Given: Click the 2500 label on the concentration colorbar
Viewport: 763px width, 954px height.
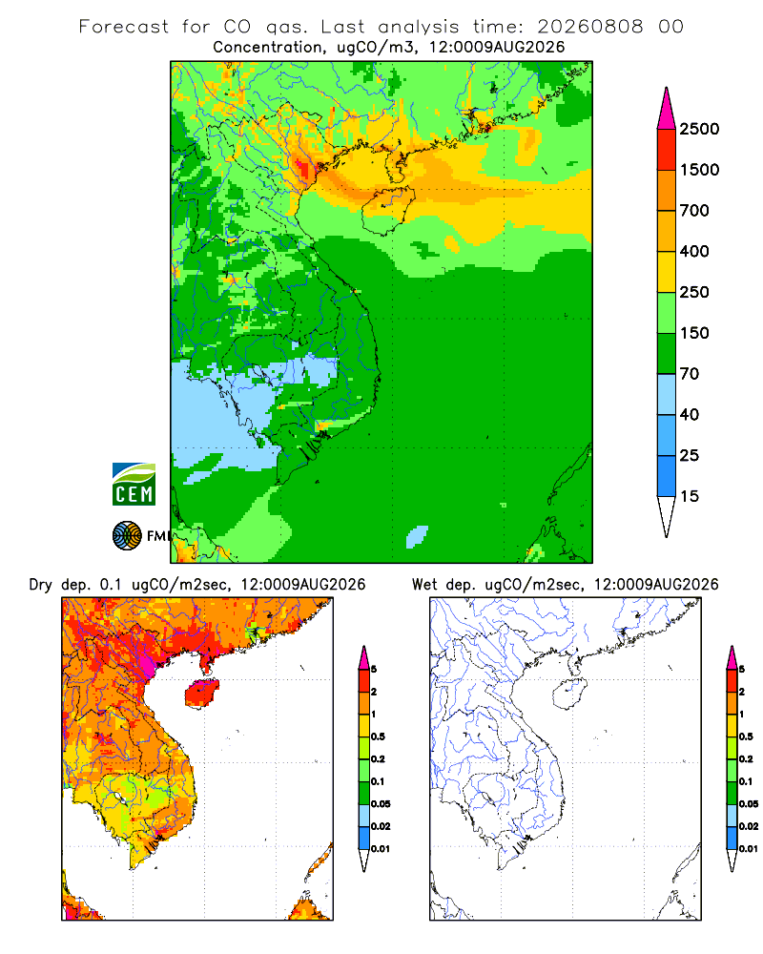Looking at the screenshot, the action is click(x=699, y=129).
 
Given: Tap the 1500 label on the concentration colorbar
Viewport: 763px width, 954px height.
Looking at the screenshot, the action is click(x=699, y=170).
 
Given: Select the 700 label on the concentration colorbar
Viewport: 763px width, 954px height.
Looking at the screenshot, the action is click(x=694, y=211).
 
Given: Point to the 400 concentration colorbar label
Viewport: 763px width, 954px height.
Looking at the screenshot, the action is click(x=694, y=251).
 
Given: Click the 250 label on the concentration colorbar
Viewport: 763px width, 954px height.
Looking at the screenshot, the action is click(x=694, y=292).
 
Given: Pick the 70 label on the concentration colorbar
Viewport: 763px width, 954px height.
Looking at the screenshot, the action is click(x=690, y=374).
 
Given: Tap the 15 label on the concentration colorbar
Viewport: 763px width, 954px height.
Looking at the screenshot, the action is click(x=690, y=496).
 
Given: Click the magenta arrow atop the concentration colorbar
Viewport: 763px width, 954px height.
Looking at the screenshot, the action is click(x=667, y=110).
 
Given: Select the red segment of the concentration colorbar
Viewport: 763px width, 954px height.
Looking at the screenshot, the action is click(x=667, y=150).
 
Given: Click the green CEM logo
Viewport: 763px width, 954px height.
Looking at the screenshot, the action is click(x=134, y=485).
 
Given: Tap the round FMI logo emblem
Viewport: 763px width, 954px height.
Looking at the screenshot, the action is click(x=127, y=535).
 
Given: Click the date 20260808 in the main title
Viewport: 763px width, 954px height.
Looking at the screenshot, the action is click(x=589, y=27).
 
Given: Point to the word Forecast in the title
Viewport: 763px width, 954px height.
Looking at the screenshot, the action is click(x=124, y=27).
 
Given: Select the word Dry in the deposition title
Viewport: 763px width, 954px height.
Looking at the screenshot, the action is click(x=41, y=585).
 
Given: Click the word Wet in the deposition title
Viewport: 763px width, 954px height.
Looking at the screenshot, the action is click(x=424, y=585).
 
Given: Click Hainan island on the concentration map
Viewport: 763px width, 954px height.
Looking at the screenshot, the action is click(x=387, y=210).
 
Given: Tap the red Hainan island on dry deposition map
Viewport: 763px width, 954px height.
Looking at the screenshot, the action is click(x=201, y=694).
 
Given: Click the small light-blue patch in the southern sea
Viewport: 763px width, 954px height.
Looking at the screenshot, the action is click(x=417, y=536).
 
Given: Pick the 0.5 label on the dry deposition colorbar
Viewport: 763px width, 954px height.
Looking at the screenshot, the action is click(x=378, y=736).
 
